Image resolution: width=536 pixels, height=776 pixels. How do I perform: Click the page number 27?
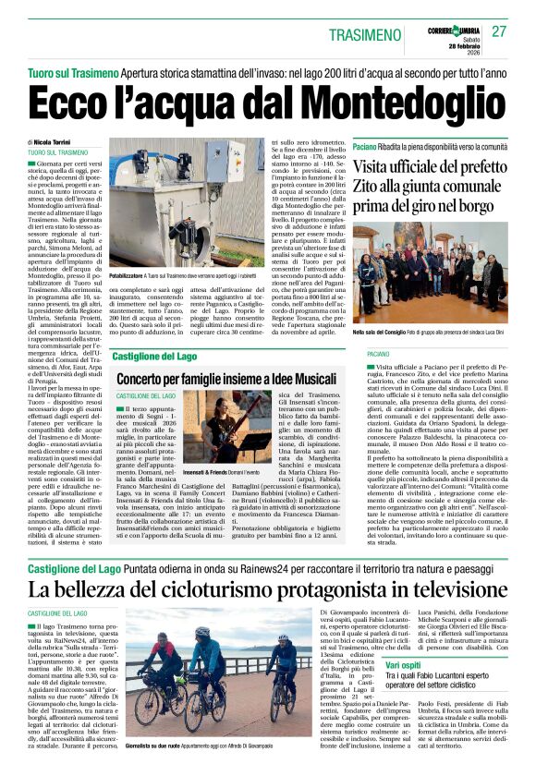click(499, 31)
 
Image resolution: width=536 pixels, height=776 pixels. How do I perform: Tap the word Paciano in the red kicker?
click(366, 147)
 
